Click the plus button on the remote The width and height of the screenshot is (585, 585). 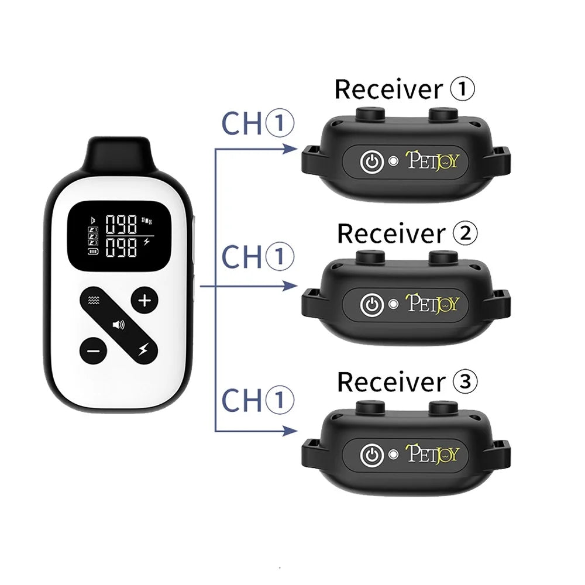[x=144, y=301]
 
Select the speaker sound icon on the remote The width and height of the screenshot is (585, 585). [x=119, y=324]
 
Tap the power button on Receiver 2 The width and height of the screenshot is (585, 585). [x=370, y=304]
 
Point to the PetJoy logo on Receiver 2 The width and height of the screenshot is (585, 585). [x=433, y=304]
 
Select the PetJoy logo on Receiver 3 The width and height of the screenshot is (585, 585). [x=433, y=453]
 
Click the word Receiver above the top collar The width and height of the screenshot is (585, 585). [x=387, y=90]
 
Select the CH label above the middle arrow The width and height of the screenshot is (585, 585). [x=240, y=257]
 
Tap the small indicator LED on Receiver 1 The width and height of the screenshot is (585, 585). [x=394, y=160]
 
